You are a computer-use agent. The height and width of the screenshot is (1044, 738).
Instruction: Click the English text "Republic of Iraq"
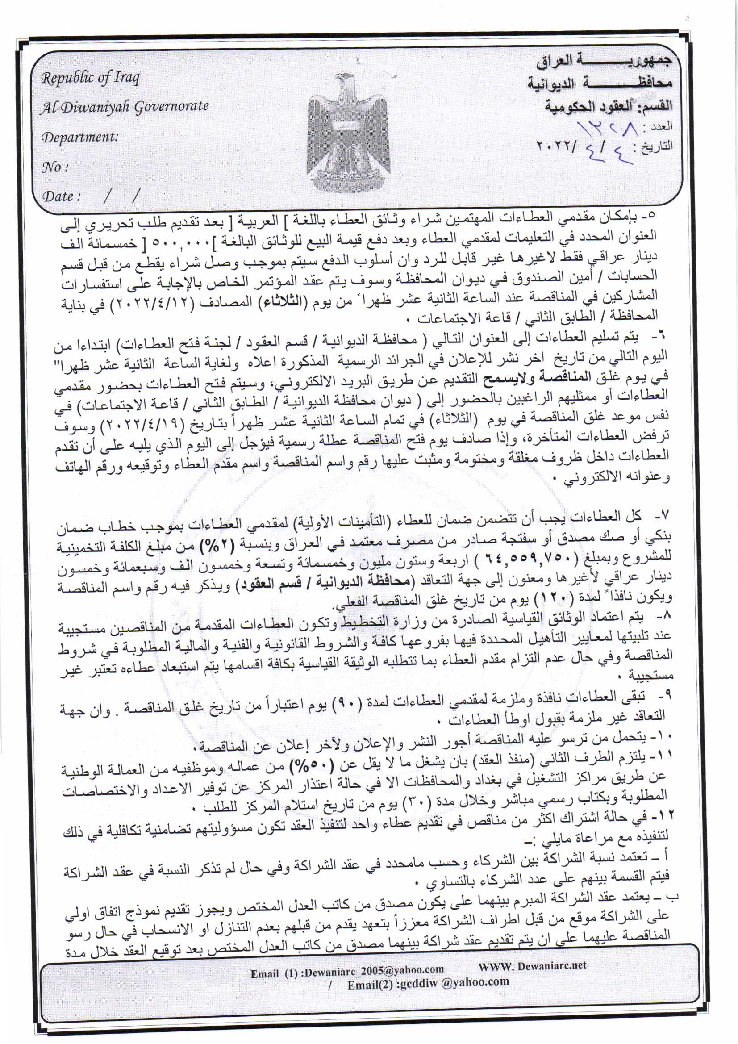point(90,78)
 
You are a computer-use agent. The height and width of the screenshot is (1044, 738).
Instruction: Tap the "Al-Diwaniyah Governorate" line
point(124,107)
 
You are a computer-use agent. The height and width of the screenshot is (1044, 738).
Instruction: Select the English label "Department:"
point(79,137)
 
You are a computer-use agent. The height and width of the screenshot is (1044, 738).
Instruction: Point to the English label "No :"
point(55,167)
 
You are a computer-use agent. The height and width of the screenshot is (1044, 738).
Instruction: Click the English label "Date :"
point(61,196)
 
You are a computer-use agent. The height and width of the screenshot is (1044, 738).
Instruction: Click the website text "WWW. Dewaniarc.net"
point(532,965)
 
